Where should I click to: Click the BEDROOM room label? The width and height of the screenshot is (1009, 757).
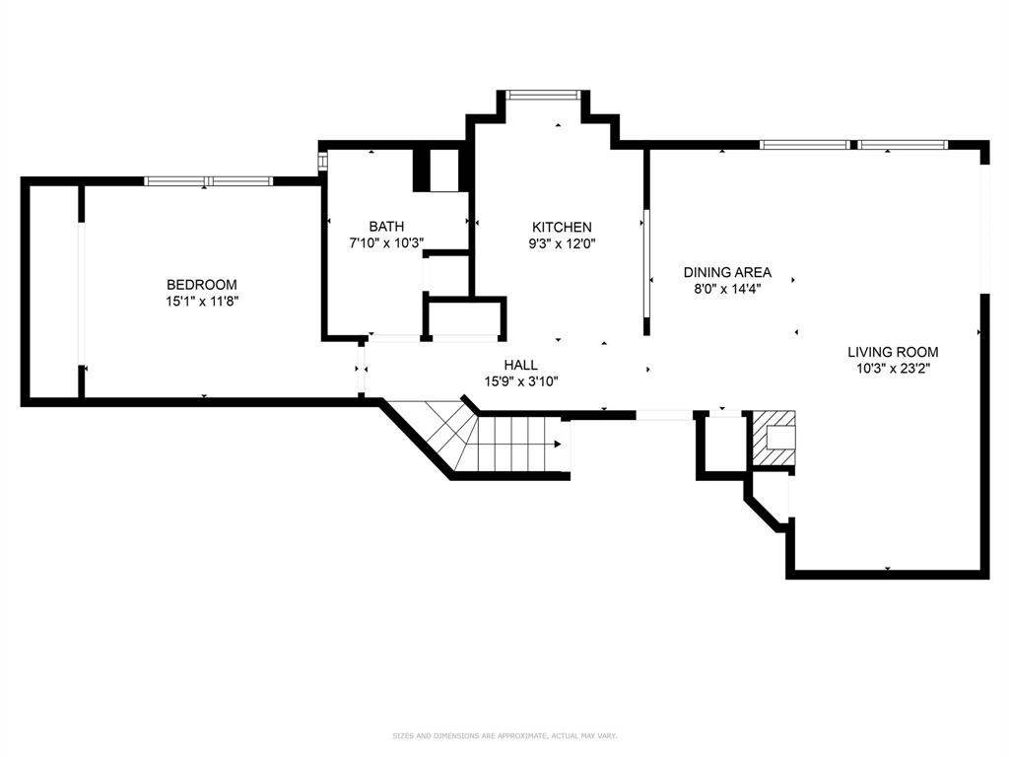pyautogui.click(x=201, y=285)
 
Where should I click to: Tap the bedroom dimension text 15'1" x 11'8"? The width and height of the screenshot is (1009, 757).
pyautogui.click(x=201, y=301)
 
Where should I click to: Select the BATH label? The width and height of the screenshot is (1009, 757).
pyautogui.click(x=386, y=227)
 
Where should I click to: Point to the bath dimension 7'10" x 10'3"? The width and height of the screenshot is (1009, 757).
pyautogui.click(x=386, y=242)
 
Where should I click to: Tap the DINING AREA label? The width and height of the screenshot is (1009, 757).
pyautogui.click(x=727, y=273)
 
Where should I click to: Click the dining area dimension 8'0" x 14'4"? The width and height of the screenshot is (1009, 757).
pyautogui.click(x=727, y=289)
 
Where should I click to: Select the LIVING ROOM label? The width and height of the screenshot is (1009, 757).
pyautogui.click(x=893, y=352)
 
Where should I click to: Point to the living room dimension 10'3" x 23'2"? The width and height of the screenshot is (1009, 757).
pyautogui.click(x=893, y=368)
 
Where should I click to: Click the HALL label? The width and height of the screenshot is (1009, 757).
pyautogui.click(x=521, y=365)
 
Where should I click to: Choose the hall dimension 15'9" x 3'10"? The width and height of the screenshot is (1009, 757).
pyautogui.click(x=521, y=380)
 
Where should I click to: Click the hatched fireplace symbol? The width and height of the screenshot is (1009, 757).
pyautogui.click(x=774, y=439)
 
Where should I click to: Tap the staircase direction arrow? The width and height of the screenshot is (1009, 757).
pyautogui.click(x=560, y=445)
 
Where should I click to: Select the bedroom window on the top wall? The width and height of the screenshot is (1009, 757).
pyautogui.click(x=208, y=181)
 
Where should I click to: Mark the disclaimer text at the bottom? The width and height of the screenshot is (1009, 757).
pyautogui.click(x=504, y=735)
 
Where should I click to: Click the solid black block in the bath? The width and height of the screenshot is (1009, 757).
pyautogui.click(x=422, y=170)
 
